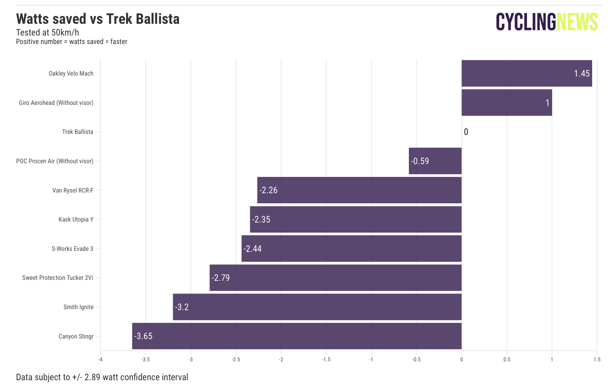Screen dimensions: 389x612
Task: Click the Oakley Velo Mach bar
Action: click(x=526, y=73)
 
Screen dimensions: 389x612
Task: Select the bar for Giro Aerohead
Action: click(x=507, y=103)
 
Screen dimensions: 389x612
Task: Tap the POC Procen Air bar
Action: click(x=435, y=161)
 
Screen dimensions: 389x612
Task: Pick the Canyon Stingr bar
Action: click(x=297, y=336)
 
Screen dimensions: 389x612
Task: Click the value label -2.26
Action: click(x=269, y=190)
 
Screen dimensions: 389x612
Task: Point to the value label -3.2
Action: click(x=182, y=307)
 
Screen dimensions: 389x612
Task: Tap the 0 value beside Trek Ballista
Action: click(x=466, y=132)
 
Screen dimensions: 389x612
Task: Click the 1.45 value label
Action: click(x=581, y=74)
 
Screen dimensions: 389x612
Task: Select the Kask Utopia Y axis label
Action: click(x=76, y=219)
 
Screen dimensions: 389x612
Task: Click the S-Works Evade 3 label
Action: click(x=72, y=249)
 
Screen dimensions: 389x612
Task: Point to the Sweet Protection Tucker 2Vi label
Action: click(x=58, y=278)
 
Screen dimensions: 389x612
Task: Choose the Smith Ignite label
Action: click(x=78, y=307)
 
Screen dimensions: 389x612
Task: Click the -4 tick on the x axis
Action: click(x=101, y=359)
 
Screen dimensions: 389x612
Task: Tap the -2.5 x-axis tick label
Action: click(x=236, y=359)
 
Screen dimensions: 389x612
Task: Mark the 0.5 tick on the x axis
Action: click(x=507, y=359)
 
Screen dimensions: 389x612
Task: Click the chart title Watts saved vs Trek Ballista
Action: click(x=98, y=19)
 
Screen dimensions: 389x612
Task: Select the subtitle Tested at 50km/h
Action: click(x=48, y=33)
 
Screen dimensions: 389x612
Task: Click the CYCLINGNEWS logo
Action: click(x=547, y=22)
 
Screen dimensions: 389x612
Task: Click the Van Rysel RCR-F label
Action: click(x=73, y=190)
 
